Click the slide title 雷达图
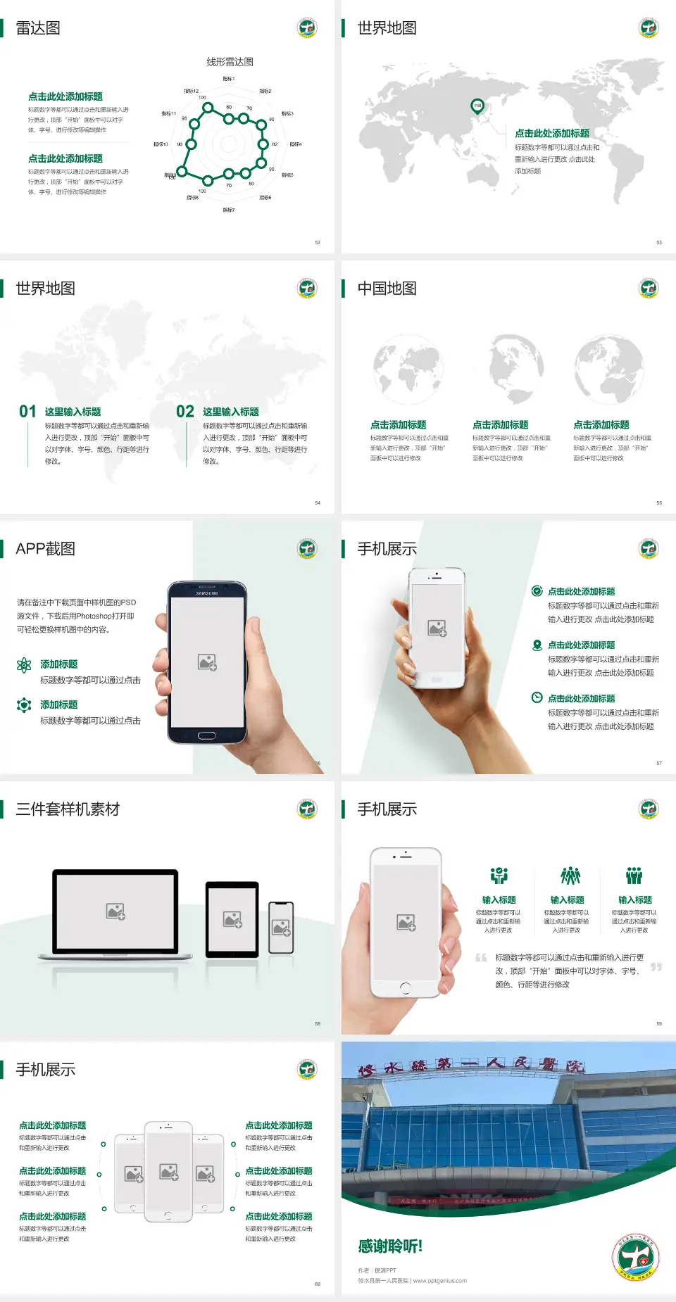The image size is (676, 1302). point(38,28)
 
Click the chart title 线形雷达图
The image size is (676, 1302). point(230,62)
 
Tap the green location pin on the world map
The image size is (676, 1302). point(477,106)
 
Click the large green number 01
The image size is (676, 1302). point(27,412)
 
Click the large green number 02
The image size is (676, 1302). point(185,412)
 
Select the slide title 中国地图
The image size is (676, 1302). point(387,289)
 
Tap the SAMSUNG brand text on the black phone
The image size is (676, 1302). point(207,593)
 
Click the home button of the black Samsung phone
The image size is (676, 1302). point(206,736)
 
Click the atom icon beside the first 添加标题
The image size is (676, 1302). point(24,665)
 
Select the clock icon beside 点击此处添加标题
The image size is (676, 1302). point(537,697)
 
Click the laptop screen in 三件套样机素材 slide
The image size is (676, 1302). point(115,911)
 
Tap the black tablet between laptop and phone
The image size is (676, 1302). point(232,919)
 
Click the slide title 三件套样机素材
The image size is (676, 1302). point(68,809)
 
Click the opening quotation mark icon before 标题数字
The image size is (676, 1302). point(481,958)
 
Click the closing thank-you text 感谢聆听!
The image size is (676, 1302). point(390,1246)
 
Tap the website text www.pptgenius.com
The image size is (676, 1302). point(439,1281)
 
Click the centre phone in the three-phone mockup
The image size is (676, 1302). point(168,1172)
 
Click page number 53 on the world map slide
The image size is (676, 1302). point(659,242)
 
